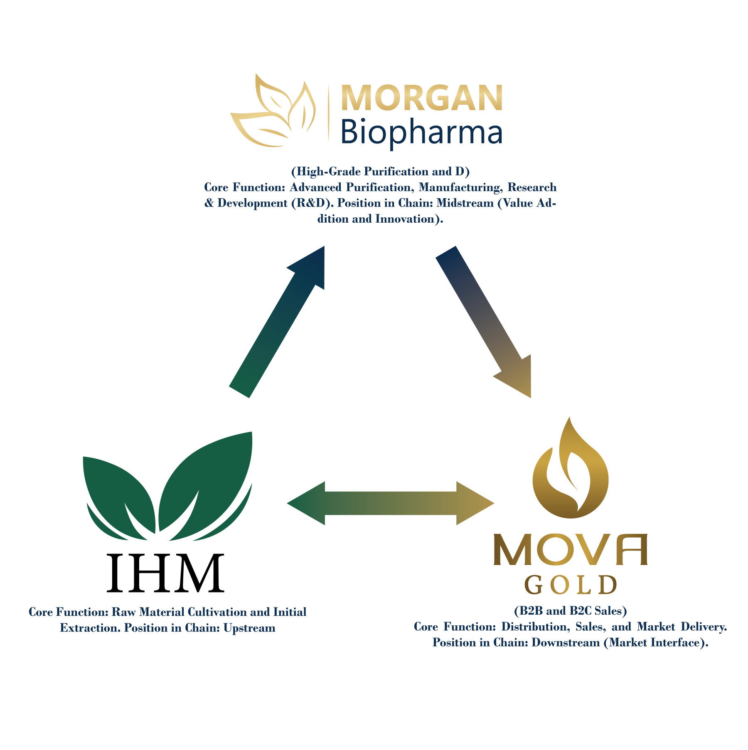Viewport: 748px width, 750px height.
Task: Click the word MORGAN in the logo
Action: (421, 98)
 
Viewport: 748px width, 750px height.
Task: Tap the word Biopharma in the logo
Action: (421, 132)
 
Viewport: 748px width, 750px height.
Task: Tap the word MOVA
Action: (570, 550)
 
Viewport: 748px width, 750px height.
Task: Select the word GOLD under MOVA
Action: (570, 585)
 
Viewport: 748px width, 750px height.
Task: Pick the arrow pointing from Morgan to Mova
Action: (483, 322)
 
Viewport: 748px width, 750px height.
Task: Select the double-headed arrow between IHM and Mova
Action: (391, 503)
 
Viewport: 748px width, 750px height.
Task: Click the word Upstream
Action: (249, 628)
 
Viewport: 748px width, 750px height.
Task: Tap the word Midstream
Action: (465, 203)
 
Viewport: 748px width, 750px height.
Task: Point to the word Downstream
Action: (566, 643)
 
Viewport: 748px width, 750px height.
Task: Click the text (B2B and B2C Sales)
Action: (570, 611)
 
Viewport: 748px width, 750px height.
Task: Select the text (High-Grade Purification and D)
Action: (380, 172)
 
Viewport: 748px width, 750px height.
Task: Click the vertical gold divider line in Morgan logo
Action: (328, 113)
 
